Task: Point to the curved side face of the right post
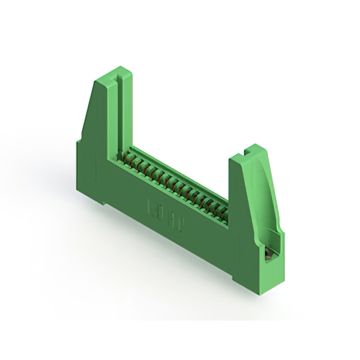click(270, 191)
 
